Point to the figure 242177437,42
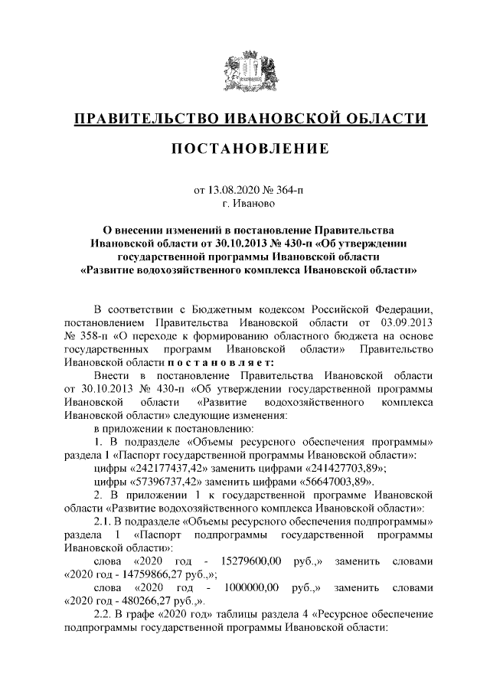click(168, 469)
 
